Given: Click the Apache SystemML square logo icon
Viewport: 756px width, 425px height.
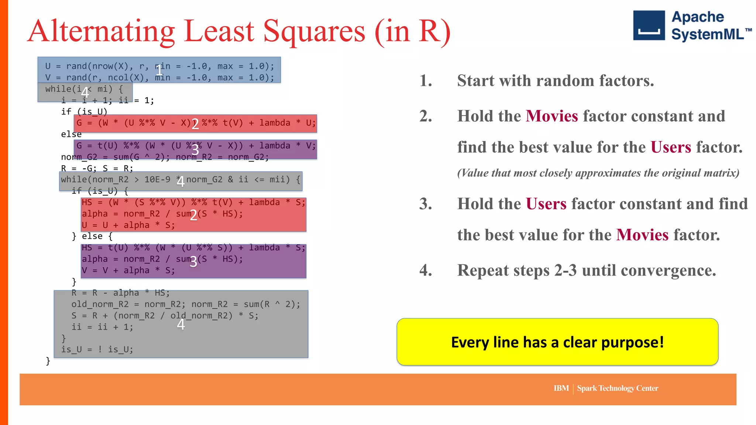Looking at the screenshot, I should (x=649, y=25).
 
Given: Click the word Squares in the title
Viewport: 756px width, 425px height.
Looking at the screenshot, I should (x=314, y=31).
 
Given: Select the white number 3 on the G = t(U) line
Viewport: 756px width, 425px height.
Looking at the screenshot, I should (x=195, y=150).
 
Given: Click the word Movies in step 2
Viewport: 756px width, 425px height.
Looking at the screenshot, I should (x=551, y=116).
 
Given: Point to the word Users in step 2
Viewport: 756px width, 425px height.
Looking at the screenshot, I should (x=670, y=147).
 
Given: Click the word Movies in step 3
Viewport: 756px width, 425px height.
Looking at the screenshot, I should (x=642, y=235).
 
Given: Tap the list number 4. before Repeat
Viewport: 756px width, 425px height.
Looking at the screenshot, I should (x=426, y=270).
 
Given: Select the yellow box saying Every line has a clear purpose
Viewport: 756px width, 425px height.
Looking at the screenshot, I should (x=557, y=342).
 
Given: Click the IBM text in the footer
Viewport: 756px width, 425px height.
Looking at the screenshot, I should (x=561, y=388).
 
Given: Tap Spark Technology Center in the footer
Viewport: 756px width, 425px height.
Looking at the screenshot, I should (x=618, y=388).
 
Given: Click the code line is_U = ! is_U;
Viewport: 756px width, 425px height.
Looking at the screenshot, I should (x=97, y=349).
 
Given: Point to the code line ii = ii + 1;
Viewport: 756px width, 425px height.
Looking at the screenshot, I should (x=102, y=327).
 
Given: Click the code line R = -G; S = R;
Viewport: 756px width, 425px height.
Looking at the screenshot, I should (x=97, y=168).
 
